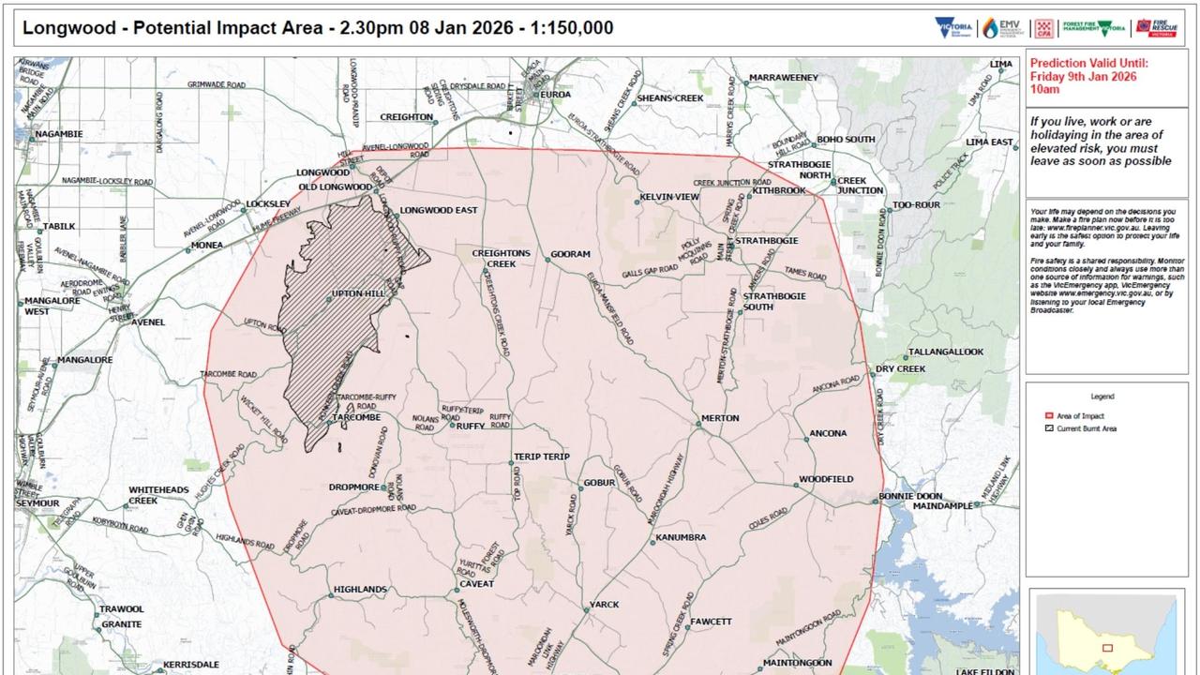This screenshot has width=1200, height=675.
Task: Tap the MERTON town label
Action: (x=720, y=418)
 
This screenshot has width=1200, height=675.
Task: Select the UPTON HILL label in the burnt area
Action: (x=359, y=294)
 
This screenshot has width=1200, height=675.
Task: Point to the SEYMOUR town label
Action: (x=37, y=503)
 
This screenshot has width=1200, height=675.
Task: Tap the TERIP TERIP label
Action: (x=542, y=457)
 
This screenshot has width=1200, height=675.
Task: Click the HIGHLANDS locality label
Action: (x=360, y=590)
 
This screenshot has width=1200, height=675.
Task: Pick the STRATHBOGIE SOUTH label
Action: (x=771, y=302)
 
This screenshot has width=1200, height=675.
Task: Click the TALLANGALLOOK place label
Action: (x=945, y=352)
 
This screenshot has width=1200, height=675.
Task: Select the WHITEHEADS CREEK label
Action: (x=158, y=495)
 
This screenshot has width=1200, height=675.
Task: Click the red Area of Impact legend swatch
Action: (x=1048, y=416)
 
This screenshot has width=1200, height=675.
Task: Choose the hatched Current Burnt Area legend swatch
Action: (x=1048, y=428)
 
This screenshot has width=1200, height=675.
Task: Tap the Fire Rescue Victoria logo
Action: (x=1156, y=28)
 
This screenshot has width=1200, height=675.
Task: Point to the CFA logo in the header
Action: (x=1043, y=28)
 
